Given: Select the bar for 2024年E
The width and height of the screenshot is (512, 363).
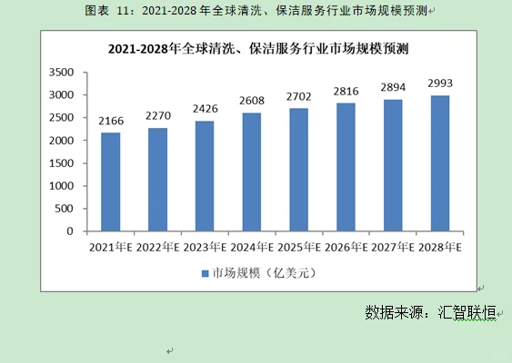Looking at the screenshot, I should [252, 172].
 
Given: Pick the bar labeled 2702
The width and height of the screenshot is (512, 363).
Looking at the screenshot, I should [299, 170].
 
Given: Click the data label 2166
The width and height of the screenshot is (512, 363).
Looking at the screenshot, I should [110, 122].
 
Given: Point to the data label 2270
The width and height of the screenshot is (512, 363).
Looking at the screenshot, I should [157, 117].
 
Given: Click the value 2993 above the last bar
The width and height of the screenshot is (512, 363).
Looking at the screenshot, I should [440, 83].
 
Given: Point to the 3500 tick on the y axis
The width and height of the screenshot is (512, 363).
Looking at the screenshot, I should [60, 72].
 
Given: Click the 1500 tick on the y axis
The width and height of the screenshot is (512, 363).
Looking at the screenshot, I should [60, 163].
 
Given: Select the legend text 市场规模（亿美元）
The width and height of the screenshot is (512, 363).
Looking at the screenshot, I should [262, 273].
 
